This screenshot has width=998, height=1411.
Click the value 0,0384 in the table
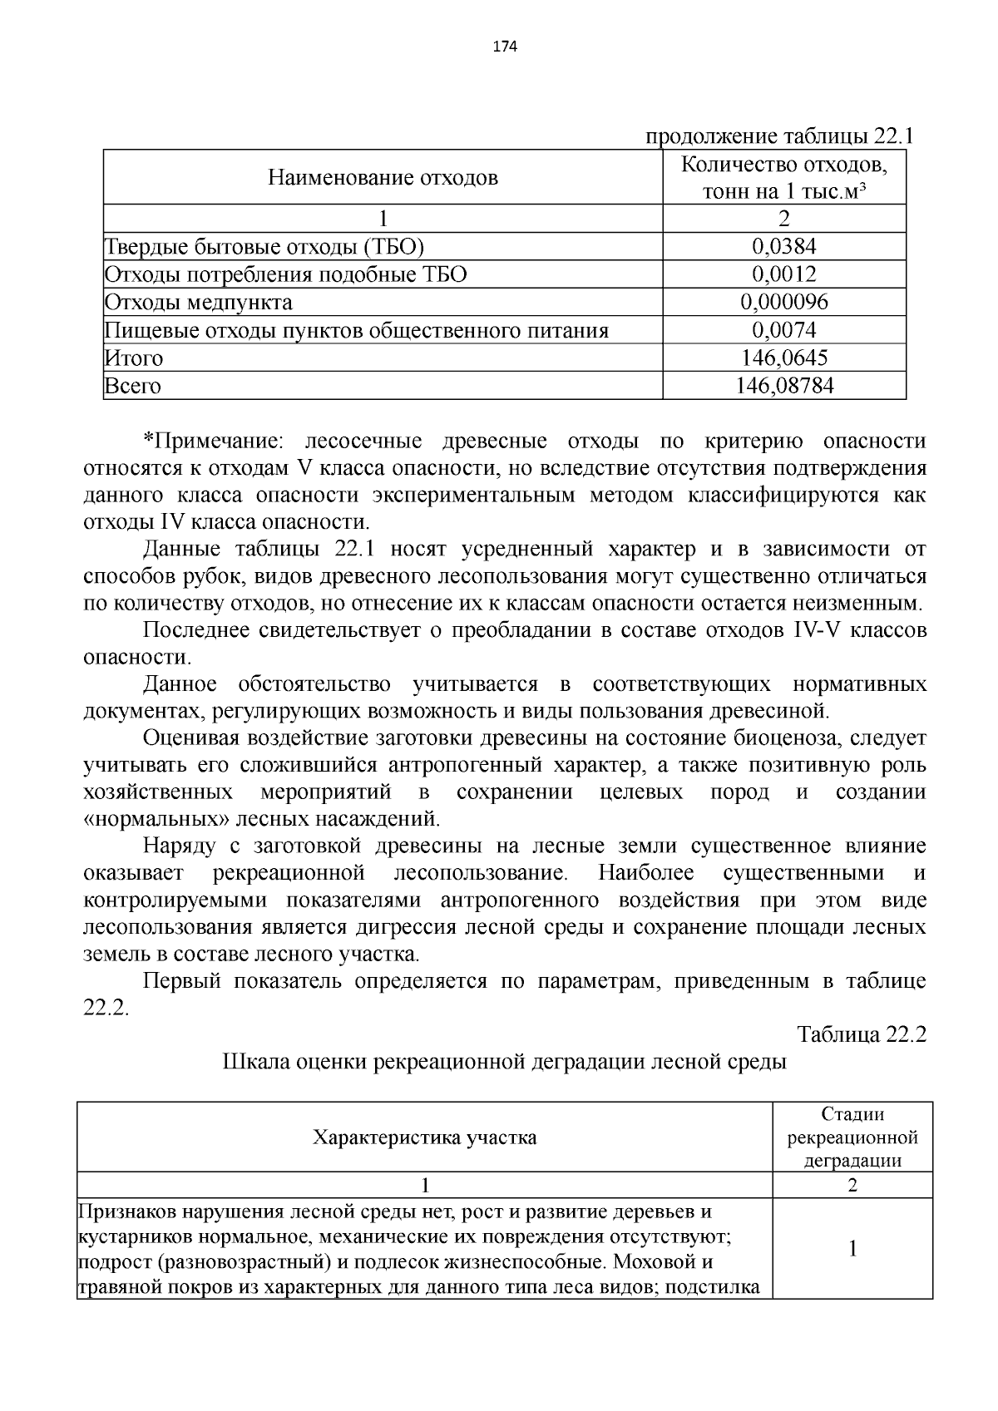[783, 246]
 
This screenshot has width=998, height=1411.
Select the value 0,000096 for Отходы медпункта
[783, 302]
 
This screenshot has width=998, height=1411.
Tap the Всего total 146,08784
[784, 386]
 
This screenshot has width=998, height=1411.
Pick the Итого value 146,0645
[783, 358]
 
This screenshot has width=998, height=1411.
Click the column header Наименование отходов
[383, 177]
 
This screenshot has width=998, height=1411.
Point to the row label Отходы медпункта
[198, 302]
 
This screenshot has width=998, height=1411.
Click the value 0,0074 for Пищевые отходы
[783, 331]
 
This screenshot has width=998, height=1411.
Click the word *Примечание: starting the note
[214, 441]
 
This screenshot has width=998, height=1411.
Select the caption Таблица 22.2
[862, 1034]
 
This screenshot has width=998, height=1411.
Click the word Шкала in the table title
[253, 1062]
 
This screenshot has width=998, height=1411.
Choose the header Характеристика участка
[424, 1137]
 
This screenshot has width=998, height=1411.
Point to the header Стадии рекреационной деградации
[852, 1137]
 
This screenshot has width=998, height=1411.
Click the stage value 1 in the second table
[852, 1248]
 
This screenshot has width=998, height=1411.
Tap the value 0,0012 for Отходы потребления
[783, 274]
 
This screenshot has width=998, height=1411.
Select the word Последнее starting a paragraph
[196, 630]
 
